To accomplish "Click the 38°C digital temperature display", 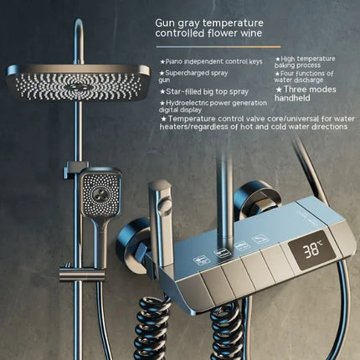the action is [311, 250].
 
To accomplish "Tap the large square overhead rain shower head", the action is [78, 82].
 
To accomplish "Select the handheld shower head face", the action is [101, 193].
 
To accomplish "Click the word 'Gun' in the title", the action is [164, 23].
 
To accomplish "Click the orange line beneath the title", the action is [219, 47].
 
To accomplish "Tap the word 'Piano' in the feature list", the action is [174, 62].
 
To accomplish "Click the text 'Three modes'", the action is [310, 90].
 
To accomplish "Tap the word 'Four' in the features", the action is [287, 74].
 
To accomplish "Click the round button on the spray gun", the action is [164, 204].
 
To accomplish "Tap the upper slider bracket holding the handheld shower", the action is [73, 168].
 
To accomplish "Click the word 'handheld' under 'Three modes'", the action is [292, 98].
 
